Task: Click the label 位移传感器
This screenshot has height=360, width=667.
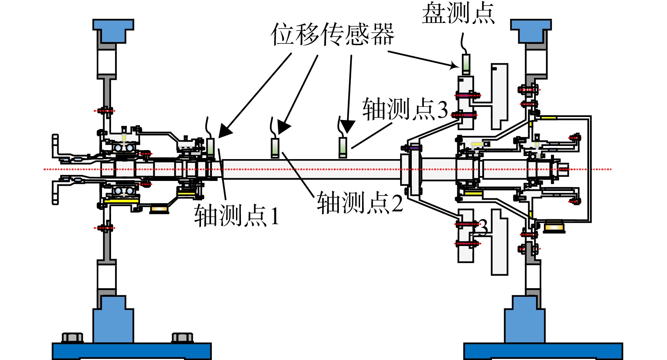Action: pos(332,34)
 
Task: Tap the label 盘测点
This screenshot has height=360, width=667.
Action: pos(458,13)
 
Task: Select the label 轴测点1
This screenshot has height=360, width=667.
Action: pos(237,215)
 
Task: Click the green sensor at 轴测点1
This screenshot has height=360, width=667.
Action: pos(211,147)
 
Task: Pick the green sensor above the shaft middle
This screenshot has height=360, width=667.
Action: pos(275,148)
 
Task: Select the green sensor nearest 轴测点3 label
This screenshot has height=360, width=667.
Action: pos(343,147)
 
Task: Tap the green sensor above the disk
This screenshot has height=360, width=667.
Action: pos(466,64)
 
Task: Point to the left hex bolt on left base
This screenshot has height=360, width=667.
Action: pos(72,337)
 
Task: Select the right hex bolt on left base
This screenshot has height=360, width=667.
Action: pos(183,337)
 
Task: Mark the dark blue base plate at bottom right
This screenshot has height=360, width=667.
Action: pos(543,351)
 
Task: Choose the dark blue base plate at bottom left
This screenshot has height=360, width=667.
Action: pos(132,351)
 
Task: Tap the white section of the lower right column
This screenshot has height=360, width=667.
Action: pos(533,276)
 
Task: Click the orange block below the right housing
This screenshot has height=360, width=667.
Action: pos(555,227)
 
